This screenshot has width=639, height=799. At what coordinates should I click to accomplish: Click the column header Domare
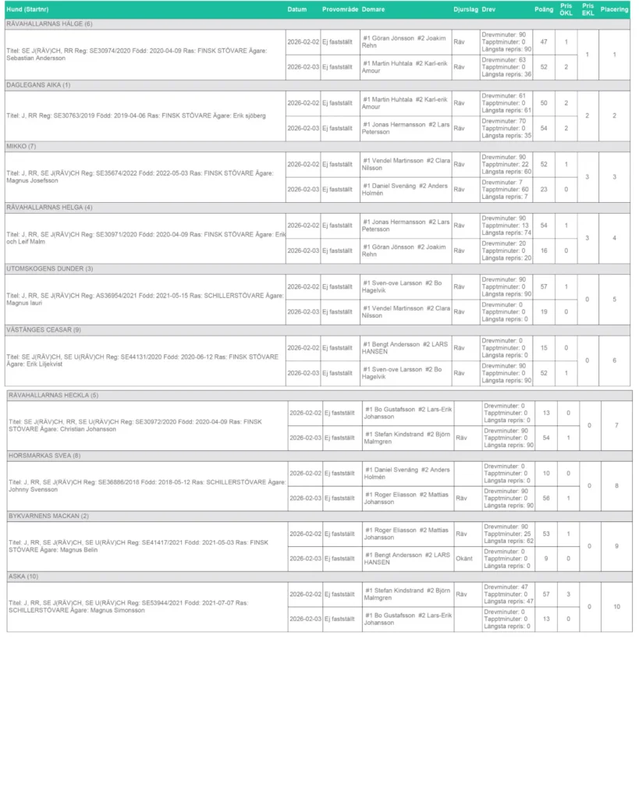pyautogui.click(x=373, y=9)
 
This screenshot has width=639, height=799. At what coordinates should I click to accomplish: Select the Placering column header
pyautogui.click(x=614, y=9)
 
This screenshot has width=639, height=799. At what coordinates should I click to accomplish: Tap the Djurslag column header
pyautogui.click(x=465, y=9)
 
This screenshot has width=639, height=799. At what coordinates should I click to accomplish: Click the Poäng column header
pyautogui.click(x=544, y=9)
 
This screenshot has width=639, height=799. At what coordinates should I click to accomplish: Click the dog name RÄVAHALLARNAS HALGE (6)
pyautogui.click(x=49, y=24)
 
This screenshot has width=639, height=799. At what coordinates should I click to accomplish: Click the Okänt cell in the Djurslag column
pyautogui.click(x=464, y=559)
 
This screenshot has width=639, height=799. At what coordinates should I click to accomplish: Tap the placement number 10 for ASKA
pyautogui.click(x=616, y=606)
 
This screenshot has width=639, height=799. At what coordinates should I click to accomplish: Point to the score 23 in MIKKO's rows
pyautogui.click(x=544, y=190)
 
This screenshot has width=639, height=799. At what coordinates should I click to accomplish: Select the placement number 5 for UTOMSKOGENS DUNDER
pyautogui.click(x=614, y=299)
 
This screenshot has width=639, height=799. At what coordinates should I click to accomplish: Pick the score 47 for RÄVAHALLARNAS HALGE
pyautogui.click(x=544, y=42)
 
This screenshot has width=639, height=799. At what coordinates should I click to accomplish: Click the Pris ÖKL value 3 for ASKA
pyautogui.click(x=568, y=595)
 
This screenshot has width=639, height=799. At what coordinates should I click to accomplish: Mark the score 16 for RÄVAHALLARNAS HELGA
pyautogui.click(x=544, y=250)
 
